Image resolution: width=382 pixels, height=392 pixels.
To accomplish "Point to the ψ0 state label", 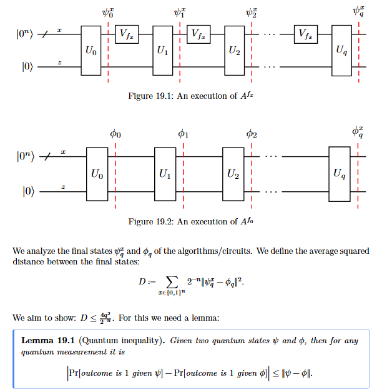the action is coord(108,13).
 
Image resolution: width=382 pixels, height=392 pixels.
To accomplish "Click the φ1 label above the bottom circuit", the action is coord(184,134).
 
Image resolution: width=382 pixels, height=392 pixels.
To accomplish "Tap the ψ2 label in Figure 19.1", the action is coord(252,13).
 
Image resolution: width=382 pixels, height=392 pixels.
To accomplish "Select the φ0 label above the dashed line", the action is coord(115,134).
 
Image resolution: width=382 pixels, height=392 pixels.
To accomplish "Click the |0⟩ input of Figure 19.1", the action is coord(27,67).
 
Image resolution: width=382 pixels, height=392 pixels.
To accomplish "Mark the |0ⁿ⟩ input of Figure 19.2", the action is coord(26,156).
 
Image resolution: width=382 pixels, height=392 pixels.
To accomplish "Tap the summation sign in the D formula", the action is coord(172,282).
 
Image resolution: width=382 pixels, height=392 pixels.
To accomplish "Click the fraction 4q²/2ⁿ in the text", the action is coord(105,318).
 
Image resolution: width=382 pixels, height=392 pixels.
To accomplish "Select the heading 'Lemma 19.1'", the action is coord(48,341).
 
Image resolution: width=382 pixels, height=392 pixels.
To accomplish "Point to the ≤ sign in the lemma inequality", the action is coord(276,373).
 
